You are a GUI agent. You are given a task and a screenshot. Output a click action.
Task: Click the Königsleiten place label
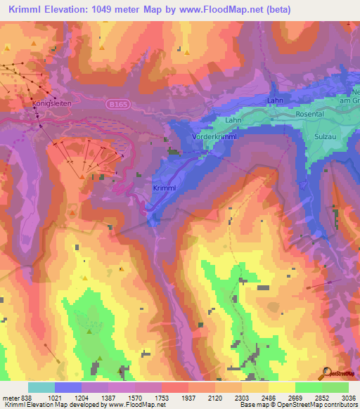tap(53, 103)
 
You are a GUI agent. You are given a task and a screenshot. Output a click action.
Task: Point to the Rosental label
tap(309, 114)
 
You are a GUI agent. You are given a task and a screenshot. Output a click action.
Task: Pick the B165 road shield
tap(118, 103)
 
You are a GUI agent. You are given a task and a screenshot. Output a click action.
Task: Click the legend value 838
tap(27, 398)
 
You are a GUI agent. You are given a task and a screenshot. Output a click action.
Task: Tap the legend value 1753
tap(162, 398)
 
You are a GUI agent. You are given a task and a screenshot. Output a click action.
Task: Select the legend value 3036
tap(349, 398)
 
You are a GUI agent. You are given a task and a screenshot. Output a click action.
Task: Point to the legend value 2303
tap(243, 398)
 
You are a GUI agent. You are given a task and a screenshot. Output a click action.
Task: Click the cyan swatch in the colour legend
tap(41, 387)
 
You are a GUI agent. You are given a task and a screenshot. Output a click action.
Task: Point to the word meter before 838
tap(9, 398)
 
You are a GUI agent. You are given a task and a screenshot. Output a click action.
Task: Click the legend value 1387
tap(108, 398)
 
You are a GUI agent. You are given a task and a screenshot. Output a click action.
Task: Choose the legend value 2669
tap(295, 398)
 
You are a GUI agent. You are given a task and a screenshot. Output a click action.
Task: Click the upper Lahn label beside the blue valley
tap(274, 101)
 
